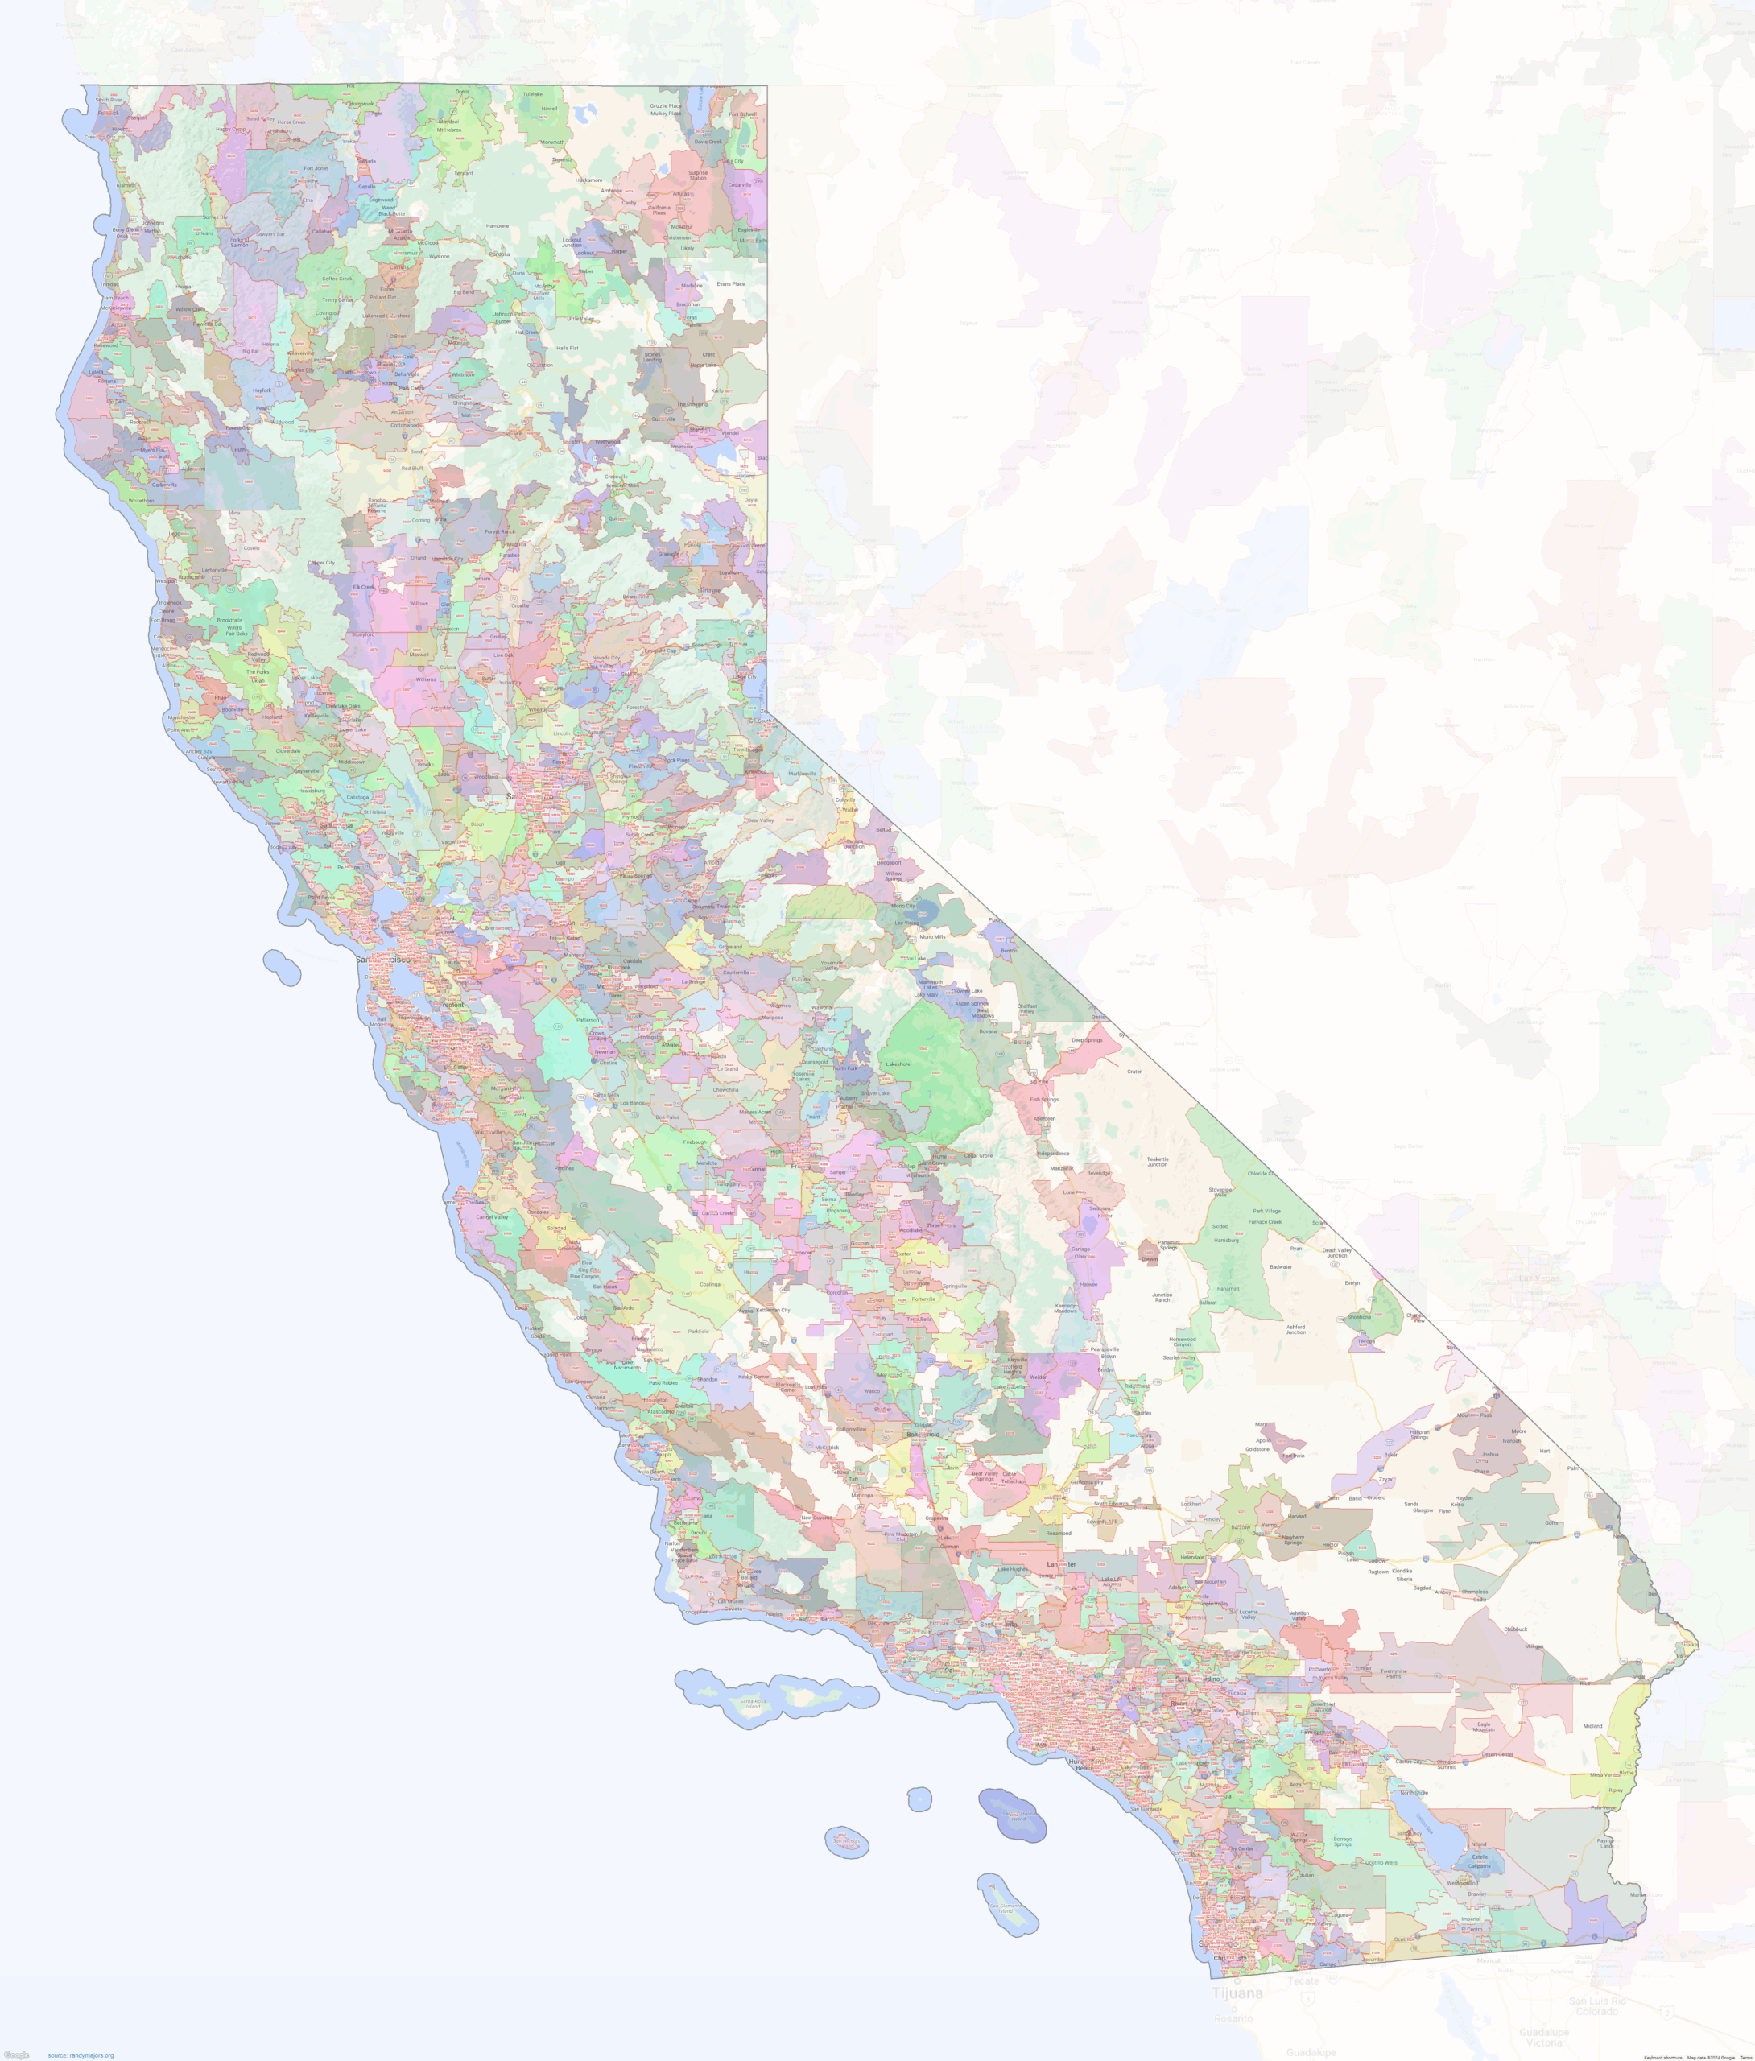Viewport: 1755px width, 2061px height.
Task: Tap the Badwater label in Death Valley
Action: point(1282,1266)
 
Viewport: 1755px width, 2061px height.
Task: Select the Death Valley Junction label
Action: point(1337,1253)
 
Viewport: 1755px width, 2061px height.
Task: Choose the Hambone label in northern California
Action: point(498,225)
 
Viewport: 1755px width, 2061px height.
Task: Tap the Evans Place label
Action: point(730,283)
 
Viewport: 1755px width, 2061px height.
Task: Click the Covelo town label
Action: point(252,548)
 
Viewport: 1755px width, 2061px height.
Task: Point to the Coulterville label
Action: point(735,972)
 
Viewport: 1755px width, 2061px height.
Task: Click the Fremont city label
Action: point(452,1005)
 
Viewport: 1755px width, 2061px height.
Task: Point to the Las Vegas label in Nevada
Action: point(1538,1278)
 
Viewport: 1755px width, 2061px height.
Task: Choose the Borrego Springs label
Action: point(1343,1842)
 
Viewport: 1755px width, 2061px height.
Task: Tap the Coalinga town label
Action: point(708,1283)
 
